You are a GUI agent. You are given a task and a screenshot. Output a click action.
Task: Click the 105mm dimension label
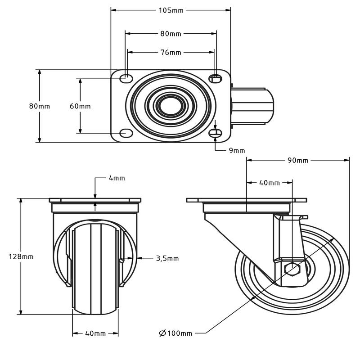click(171, 10)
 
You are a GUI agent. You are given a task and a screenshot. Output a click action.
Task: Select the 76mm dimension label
click(171, 53)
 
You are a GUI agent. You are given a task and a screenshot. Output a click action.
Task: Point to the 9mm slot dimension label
click(237, 150)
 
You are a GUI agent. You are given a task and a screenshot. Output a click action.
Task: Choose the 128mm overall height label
click(21, 256)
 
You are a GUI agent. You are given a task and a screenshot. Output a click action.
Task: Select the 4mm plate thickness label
click(117, 178)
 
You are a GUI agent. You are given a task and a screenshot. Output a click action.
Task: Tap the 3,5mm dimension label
click(167, 258)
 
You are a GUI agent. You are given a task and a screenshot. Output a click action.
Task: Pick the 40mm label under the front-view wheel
click(95, 333)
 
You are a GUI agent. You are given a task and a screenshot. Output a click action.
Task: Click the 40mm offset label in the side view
click(270, 183)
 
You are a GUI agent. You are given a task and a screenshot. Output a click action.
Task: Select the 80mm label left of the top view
click(40, 106)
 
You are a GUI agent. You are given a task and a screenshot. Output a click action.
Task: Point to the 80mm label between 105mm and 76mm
click(171, 34)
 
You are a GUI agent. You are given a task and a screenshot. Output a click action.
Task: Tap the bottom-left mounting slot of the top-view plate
click(126, 133)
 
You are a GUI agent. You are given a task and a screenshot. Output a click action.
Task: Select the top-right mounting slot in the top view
click(216, 79)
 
